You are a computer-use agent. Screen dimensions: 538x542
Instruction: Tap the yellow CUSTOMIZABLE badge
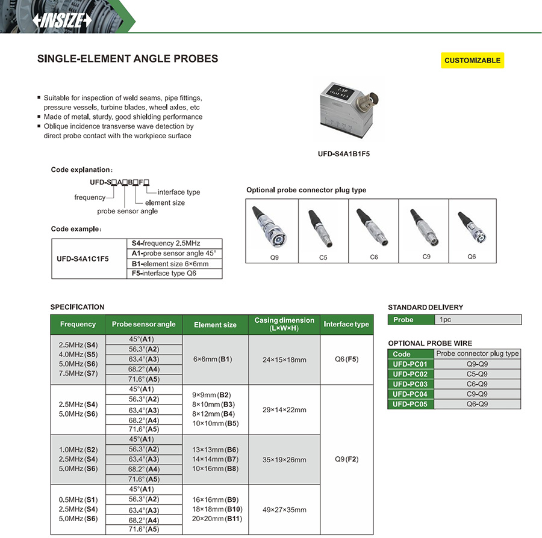coord(472,60)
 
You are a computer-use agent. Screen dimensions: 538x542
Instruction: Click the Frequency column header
coord(78,325)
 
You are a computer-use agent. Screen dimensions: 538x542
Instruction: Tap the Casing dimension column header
coord(284,325)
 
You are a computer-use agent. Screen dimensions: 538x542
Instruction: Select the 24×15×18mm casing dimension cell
coord(284,359)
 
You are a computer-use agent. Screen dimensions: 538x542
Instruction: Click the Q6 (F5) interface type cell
coord(346,359)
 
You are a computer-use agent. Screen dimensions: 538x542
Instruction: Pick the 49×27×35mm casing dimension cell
coord(284,510)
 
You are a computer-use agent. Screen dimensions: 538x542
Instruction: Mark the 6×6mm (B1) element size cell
coord(215,359)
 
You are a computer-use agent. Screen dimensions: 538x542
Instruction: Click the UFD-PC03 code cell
coord(410,384)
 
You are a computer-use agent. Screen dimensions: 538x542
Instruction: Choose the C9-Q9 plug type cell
coord(477,394)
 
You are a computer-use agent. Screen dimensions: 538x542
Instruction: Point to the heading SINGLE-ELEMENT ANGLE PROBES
coord(128,59)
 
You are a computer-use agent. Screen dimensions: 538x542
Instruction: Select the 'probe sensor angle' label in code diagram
coord(127,211)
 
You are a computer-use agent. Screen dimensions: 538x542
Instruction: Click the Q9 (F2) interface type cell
coord(346,459)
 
